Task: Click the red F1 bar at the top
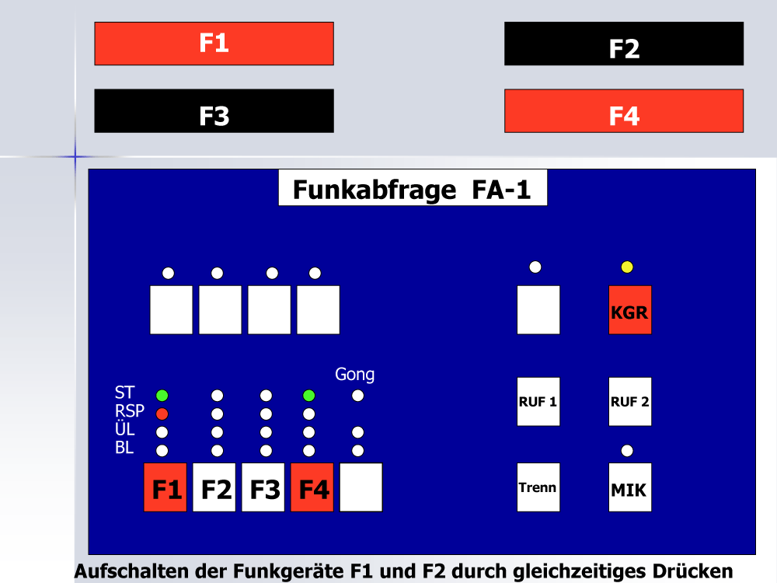pos(214,44)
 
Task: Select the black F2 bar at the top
pos(624,44)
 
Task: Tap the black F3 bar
pos(214,111)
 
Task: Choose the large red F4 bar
pos(624,111)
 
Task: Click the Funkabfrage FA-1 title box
pos(413,188)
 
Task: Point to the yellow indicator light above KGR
pos(627,267)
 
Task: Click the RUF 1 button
pos(538,402)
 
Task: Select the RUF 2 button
pos(630,402)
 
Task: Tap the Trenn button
pos(538,487)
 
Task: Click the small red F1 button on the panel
pos(165,487)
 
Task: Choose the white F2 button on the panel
pos(214,487)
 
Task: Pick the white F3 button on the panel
pos(263,487)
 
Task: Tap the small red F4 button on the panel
pos(312,487)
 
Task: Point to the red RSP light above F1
pos(162,414)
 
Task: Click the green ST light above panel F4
pos(308,396)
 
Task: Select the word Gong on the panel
pos(355,375)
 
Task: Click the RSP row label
pos(129,411)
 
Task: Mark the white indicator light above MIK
pos(627,451)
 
